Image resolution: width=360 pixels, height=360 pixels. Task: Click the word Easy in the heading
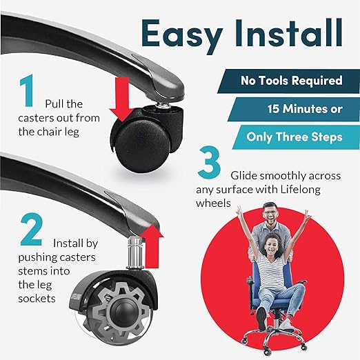[182, 35]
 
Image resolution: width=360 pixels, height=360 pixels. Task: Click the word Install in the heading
[289, 32]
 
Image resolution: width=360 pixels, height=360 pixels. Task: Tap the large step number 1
[27, 90]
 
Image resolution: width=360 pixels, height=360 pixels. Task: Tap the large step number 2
[32, 230]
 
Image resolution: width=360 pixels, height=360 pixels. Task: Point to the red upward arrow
[152, 246]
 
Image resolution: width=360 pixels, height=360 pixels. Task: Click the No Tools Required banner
[288, 81]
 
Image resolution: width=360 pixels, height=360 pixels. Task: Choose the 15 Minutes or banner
[294, 109]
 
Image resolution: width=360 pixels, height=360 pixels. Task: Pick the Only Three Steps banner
[296, 137]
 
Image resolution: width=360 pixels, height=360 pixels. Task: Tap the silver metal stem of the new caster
[135, 253]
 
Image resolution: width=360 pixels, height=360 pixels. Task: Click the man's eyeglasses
[270, 212]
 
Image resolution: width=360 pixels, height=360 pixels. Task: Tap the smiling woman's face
[272, 247]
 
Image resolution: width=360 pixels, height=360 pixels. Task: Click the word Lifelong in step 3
[300, 190]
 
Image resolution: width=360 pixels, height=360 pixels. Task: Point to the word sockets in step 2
[37, 299]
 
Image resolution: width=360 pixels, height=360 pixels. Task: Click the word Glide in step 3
[244, 176]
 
